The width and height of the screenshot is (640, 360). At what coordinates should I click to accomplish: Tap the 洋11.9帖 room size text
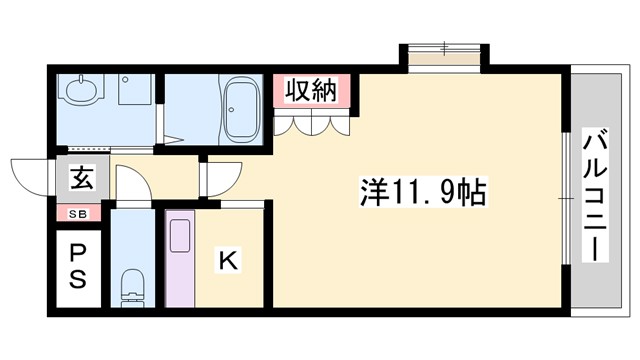coord(421,190)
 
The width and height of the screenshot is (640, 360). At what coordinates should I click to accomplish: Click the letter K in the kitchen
coord(228,260)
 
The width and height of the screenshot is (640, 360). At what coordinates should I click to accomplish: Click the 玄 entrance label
coord(80,181)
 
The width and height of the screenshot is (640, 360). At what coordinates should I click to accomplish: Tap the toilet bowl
coord(131,286)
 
